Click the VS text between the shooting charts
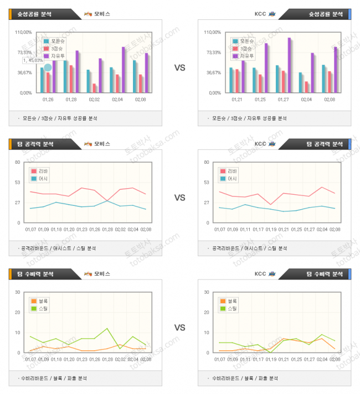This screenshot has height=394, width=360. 179,68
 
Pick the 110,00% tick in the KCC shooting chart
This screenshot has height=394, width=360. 213,32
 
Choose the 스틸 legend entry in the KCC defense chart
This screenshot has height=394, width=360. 229,308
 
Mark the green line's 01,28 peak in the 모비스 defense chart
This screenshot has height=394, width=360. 107,329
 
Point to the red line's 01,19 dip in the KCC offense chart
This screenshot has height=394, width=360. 270,205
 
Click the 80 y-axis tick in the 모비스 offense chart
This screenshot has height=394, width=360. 18,162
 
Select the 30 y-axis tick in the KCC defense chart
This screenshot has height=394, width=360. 206,292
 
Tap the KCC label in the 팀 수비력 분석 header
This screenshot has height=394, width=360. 260,273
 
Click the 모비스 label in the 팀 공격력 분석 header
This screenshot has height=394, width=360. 102,144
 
